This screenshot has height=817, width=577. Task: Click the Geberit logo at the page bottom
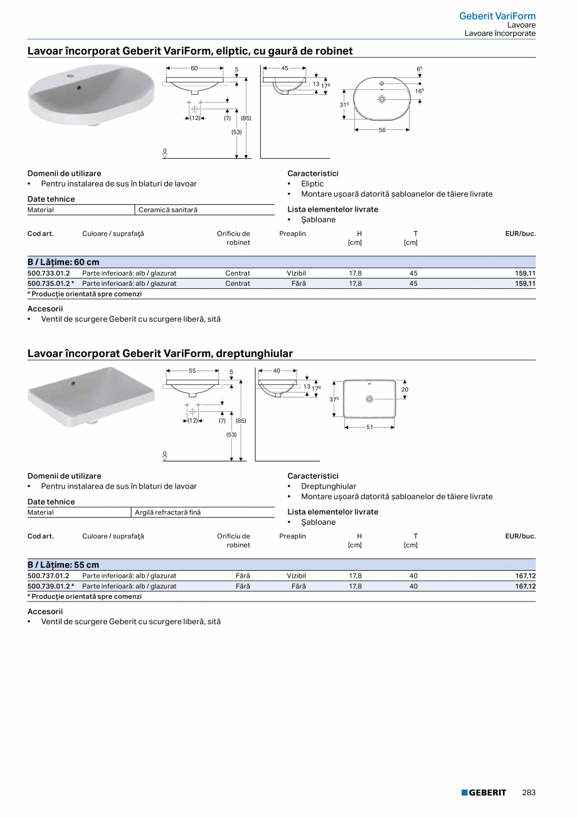click(x=484, y=793)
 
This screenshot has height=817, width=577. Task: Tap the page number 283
click(x=529, y=793)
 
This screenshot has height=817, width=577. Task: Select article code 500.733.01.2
click(x=49, y=273)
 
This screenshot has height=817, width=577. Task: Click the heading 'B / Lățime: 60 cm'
click(x=63, y=262)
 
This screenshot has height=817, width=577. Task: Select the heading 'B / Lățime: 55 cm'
click(x=63, y=565)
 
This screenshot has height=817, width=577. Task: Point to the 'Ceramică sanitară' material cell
click(x=167, y=210)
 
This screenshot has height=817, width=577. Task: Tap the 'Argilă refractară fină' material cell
click(x=167, y=512)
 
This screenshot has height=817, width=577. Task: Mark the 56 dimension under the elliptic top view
click(x=382, y=130)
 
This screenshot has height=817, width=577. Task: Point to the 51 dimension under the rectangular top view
click(x=370, y=427)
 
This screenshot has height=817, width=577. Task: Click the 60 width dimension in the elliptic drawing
click(x=194, y=68)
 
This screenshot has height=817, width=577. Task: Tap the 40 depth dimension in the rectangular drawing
click(x=277, y=371)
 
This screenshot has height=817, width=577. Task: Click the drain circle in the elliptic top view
click(x=381, y=98)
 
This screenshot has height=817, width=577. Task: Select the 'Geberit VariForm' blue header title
click(x=497, y=16)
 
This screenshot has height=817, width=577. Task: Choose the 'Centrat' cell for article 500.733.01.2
click(x=238, y=273)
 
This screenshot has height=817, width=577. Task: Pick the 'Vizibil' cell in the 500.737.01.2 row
click(x=296, y=575)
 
